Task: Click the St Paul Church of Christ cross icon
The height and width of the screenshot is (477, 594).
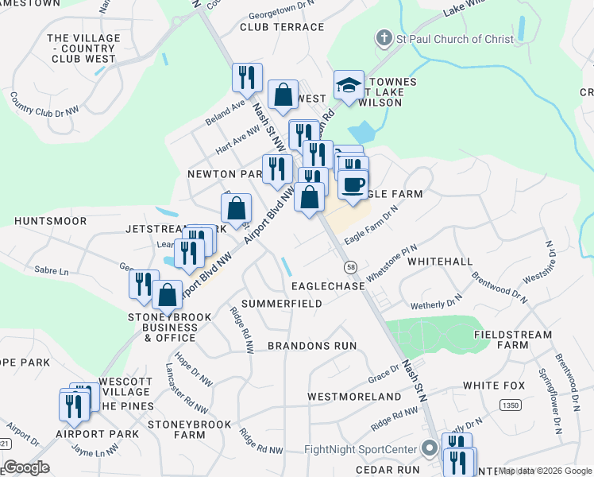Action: [384, 38]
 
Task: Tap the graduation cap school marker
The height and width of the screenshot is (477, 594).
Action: [348, 84]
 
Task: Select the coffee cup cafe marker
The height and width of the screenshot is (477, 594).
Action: [353, 184]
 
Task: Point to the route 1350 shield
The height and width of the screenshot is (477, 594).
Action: [510, 405]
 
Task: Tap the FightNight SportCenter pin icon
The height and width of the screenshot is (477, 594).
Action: [430, 449]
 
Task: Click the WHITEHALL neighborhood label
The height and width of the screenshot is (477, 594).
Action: [462, 261]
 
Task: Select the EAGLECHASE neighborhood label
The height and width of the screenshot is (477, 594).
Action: [328, 285]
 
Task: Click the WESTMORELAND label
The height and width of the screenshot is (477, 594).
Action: [354, 396]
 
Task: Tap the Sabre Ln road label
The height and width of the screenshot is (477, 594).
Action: [52, 270]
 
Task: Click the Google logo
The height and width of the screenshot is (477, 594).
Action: [26, 467]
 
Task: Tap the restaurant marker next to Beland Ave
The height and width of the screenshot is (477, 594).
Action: [247, 77]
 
